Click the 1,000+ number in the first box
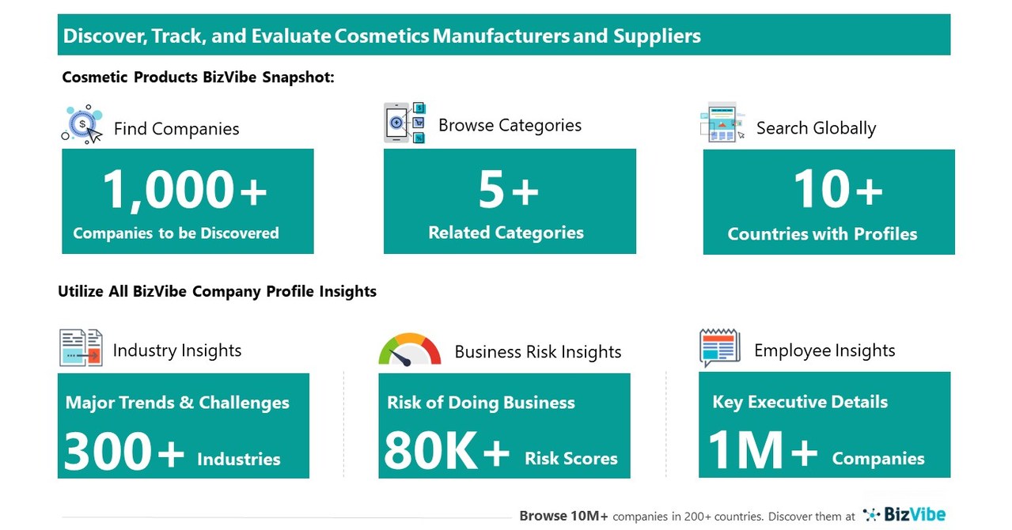(185, 191)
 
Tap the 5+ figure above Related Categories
(509, 191)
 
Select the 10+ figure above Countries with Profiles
(838, 191)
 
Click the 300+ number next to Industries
(123, 452)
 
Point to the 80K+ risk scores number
(447, 452)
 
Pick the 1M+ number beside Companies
(762, 451)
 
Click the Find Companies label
(176, 129)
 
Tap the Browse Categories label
(510, 125)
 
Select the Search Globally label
(816, 128)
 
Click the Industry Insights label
(177, 350)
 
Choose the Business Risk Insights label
(538, 352)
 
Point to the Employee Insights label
(824, 350)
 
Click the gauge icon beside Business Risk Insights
(409, 350)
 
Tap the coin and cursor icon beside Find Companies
(83, 124)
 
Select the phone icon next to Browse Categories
(404, 123)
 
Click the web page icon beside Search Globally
(722, 123)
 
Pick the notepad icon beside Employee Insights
(719, 348)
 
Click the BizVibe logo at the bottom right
(904, 515)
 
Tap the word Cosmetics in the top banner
(381, 36)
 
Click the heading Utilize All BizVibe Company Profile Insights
(217, 291)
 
